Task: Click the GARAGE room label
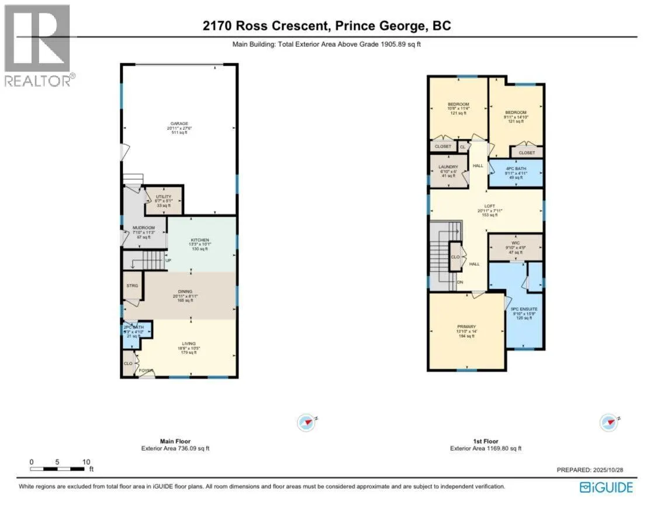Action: click(179, 123)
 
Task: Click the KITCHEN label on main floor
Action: click(200, 240)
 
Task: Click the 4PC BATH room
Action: click(516, 169)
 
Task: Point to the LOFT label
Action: click(485, 206)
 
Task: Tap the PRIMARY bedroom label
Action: click(466, 327)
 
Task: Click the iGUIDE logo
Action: click(607, 486)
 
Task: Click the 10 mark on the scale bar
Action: click(85, 461)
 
